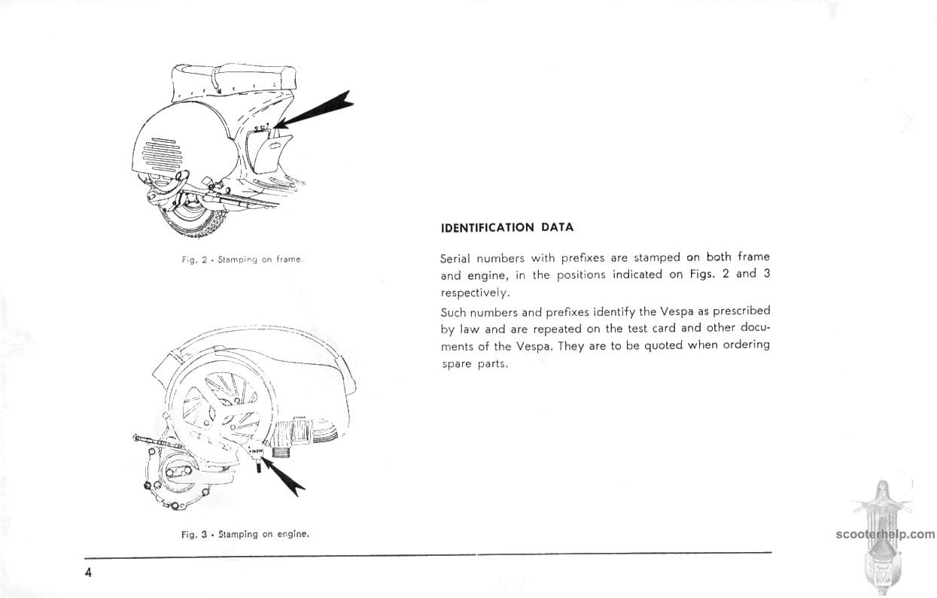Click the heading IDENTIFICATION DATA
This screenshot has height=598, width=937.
pyautogui.click(x=507, y=227)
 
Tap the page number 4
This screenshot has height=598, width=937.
pyautogui.click(x=88, y=573)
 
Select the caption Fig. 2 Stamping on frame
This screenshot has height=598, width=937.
pyautogui.click(x=242, y=260)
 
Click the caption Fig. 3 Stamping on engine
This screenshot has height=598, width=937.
pyautogui.click(x=245, y=535)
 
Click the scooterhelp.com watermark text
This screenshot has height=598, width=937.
pyautogui.click(x=884, y=535)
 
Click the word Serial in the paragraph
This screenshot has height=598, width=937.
pyautogui.click(x=455, y=258)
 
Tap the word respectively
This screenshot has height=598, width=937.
pyautogui.click(x=475, y=293)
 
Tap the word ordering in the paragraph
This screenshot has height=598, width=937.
pyautogui.click(x=747, y=345)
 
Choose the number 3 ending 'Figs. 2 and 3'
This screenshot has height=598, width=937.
pyautogui.click(x=766, y=274)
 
